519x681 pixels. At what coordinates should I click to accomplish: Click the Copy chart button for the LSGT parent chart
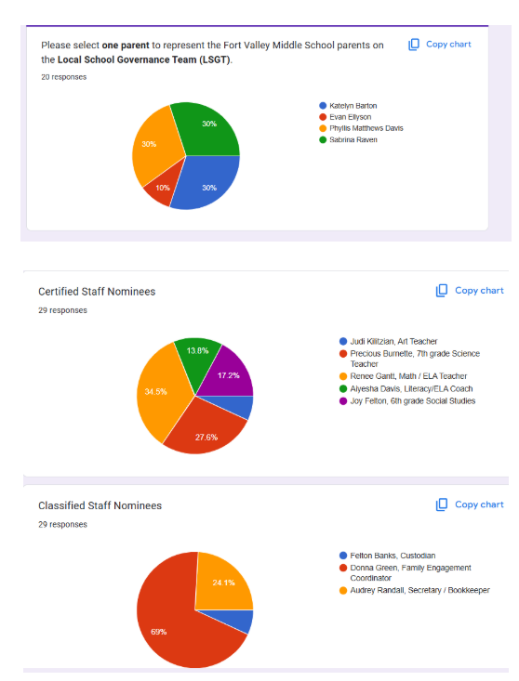click(440, 45)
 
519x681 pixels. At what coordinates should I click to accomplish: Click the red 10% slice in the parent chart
click(159, 188)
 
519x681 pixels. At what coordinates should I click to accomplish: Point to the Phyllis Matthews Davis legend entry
click(366, 128)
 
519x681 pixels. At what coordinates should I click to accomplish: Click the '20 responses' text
click(64, 77)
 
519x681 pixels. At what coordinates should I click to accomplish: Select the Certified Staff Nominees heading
click(97, 292)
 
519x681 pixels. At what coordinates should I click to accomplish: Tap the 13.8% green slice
click(196, 353)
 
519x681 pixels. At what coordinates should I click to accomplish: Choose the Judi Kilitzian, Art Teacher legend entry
click(387, 342)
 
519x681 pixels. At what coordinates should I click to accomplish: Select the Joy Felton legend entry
click(406, 401)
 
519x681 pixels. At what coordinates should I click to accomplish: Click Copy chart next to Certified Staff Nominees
click(470, 291)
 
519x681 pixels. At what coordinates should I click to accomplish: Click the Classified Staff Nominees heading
click(100, 505)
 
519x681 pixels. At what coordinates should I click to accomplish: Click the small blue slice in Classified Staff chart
click(243, 621)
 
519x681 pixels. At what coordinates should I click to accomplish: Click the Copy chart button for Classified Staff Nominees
click(470, 504)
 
